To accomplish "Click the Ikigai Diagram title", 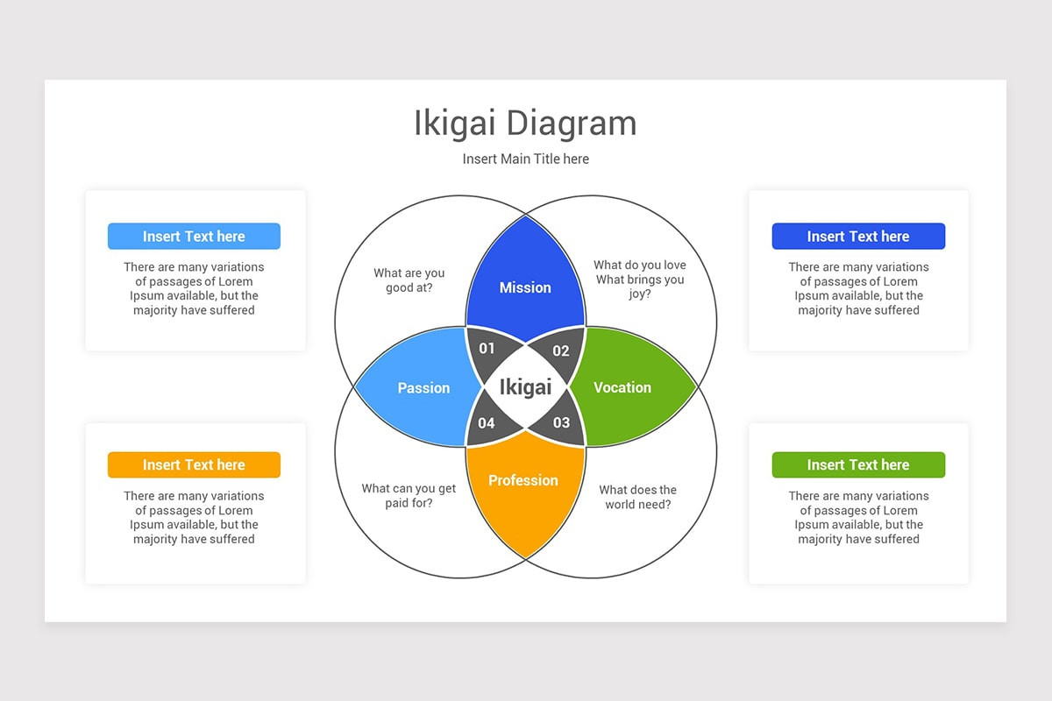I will [x=525, y=124].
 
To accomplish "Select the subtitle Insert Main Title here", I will [x=525, y=159].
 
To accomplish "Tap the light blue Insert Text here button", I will [x=194, y=237].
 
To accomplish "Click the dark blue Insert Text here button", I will [x=858, y=237].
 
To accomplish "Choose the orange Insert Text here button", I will [x=194, y=465].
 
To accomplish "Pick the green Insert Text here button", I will [x=858, y=465].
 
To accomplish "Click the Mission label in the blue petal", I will [x=525, y=287].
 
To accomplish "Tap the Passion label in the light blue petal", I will [x=423, y=388].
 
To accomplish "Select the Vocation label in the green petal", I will [x=622, y=387].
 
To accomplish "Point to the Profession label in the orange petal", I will [x=523, y=480].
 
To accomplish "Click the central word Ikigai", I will [x=525, y=387].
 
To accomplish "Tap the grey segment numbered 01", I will [x=487, y=348].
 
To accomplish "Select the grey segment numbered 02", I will [x=561, y=350].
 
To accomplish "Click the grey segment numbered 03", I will [x=561, y=422].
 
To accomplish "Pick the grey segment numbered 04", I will [x=487, y=423].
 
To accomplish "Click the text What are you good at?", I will [x=409, y=280].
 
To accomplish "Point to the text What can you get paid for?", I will [x=409, y=496].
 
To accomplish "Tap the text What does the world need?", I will [x=638, y=497].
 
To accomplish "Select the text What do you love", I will [x=640, y=266].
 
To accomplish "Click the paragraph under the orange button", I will [x=194, y=518].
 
